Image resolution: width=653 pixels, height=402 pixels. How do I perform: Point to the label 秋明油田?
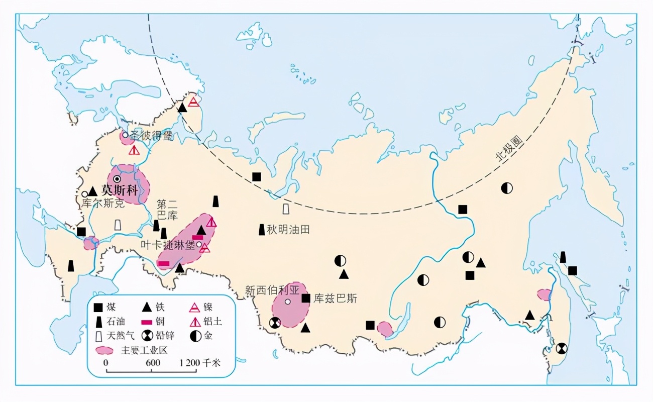pos(288,230)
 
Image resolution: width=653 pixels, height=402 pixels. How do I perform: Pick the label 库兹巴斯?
pos(336,298)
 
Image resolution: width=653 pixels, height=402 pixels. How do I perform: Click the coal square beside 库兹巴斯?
pos(305,298)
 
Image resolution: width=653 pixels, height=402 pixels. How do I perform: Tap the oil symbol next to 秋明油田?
pos(262,230)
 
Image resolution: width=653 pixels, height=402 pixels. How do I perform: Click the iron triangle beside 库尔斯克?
pos(92,191)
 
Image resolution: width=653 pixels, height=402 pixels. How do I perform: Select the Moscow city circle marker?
pos(117,179)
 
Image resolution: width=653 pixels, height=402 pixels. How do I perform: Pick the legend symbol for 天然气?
pos(98,336)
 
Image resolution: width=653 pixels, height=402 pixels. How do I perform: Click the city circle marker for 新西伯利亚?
pos(287,301)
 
